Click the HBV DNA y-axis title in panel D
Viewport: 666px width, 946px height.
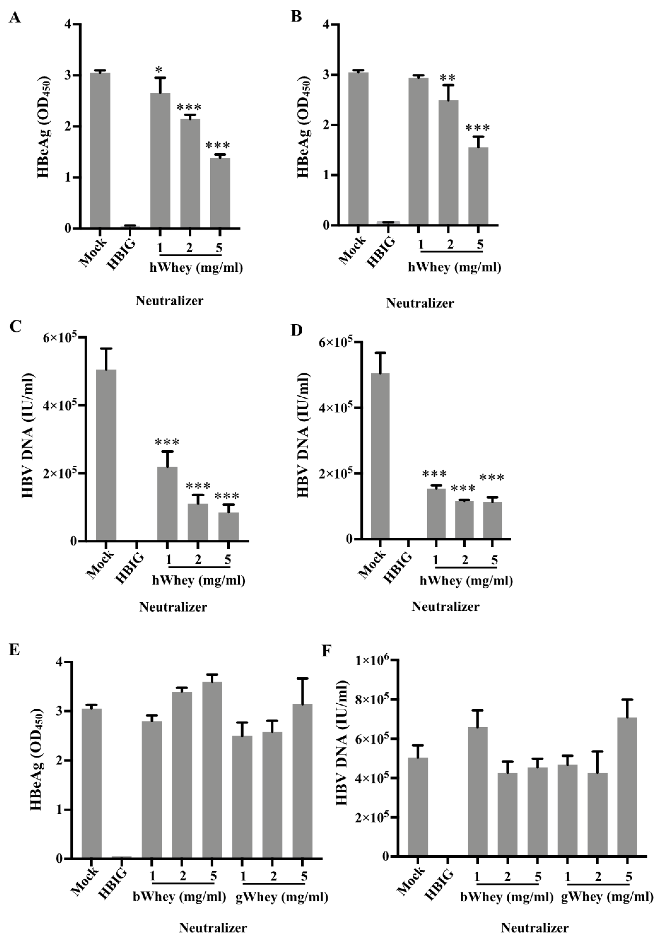(303, 435)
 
